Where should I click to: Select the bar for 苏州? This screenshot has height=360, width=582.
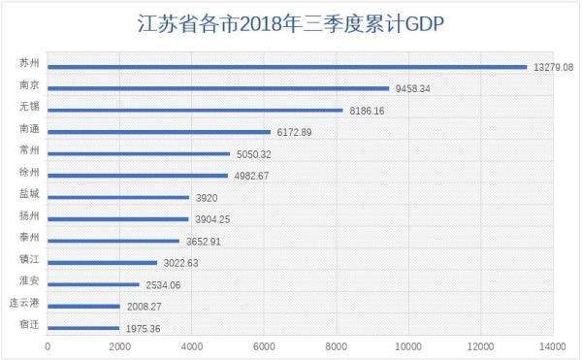click(x=286, y=67)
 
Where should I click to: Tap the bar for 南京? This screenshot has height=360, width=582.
click(x=218, y=88)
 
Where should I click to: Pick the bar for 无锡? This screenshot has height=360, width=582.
click(x=195, y=111)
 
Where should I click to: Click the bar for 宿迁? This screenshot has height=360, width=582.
click(x=83, y=328)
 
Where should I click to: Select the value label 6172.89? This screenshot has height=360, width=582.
click(x=296, y=132)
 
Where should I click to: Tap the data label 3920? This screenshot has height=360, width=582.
click(x=205, y=197)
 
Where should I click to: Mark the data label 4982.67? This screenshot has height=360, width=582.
click(x=253, y=176)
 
